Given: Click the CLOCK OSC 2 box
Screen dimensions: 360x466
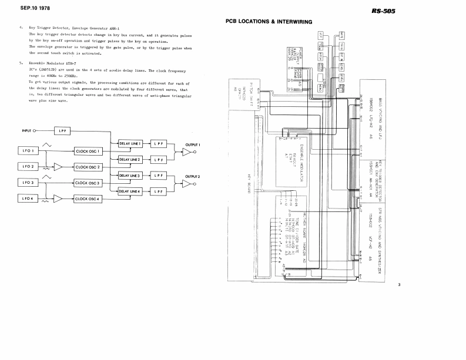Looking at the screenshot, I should [x=89, y=167].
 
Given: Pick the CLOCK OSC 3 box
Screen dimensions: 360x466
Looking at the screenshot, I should [x=89, y=183].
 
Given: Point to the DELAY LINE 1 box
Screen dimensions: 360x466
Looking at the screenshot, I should [x=130, y=143].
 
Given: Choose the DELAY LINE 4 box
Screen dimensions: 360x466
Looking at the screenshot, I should [x=130, y=191].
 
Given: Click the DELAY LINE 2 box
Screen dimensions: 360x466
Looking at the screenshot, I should [x=130, y=159].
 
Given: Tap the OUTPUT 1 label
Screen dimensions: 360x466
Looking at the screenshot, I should [x=193, y=144].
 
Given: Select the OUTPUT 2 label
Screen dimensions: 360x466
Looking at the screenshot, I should [x=193, y=176].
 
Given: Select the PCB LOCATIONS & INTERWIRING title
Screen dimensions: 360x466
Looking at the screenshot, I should [x=267, y=21].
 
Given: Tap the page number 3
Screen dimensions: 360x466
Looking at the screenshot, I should [x=398, y=285].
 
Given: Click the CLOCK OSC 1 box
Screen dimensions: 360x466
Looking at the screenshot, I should [x=89, y=151].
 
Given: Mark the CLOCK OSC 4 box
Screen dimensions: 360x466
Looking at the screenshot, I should [x=89, y=199].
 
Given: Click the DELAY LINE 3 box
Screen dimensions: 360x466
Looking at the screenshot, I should [x=130, y=176].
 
